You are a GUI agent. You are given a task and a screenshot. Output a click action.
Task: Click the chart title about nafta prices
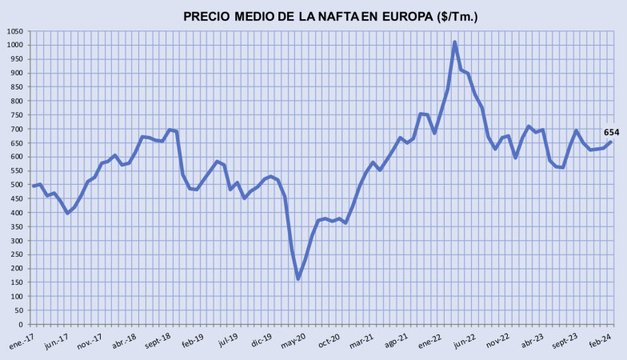[330, 16]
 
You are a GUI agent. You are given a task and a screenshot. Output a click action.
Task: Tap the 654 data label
[612, 132]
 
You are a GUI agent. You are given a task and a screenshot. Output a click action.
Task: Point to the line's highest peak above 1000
[455, 42]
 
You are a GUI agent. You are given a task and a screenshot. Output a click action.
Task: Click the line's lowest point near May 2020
[298, 278]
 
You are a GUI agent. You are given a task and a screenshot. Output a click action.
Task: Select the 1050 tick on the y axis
[14, 31]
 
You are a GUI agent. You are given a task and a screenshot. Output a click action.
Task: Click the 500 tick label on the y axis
[15, 185]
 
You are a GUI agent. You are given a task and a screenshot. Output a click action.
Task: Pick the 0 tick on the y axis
[22, 325]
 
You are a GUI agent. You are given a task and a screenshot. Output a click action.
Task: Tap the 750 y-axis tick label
[15, 115]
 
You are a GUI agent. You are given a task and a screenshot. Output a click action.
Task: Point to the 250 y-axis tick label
[15, 255]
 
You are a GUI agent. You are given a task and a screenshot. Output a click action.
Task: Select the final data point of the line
[611, 142]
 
